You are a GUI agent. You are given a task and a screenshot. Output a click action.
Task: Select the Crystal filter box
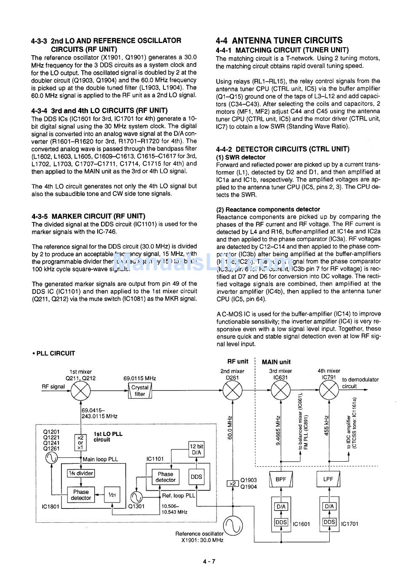tap(140, 391)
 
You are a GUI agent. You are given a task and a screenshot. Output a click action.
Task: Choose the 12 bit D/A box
tap(197, 449)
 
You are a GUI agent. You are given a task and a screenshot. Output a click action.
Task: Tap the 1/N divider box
tap(81, 473)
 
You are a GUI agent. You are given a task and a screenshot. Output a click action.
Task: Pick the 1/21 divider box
tap(112, 495)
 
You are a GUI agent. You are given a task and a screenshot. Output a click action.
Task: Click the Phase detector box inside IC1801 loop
tap(81, 495)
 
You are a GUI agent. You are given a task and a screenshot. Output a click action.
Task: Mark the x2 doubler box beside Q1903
tap(232, 484)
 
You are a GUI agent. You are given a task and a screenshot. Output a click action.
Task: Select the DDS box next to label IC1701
tap(329, 522)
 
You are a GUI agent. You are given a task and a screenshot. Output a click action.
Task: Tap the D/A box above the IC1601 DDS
tap(281, 506)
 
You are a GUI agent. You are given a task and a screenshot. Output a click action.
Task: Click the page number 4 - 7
tap(209, 561)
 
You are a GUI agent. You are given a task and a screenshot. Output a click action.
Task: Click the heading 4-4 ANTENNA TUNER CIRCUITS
tap(279, 40)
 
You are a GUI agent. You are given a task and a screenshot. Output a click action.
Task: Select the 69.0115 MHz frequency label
tap(140, 378)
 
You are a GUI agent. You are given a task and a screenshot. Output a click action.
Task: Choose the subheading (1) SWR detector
tap(235, 157)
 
